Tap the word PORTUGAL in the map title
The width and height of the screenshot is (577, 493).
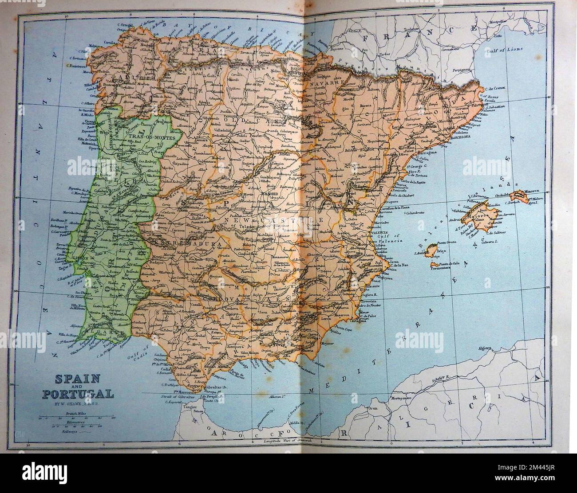(78, 393)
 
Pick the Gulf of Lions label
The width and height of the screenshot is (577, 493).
(504, 50)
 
